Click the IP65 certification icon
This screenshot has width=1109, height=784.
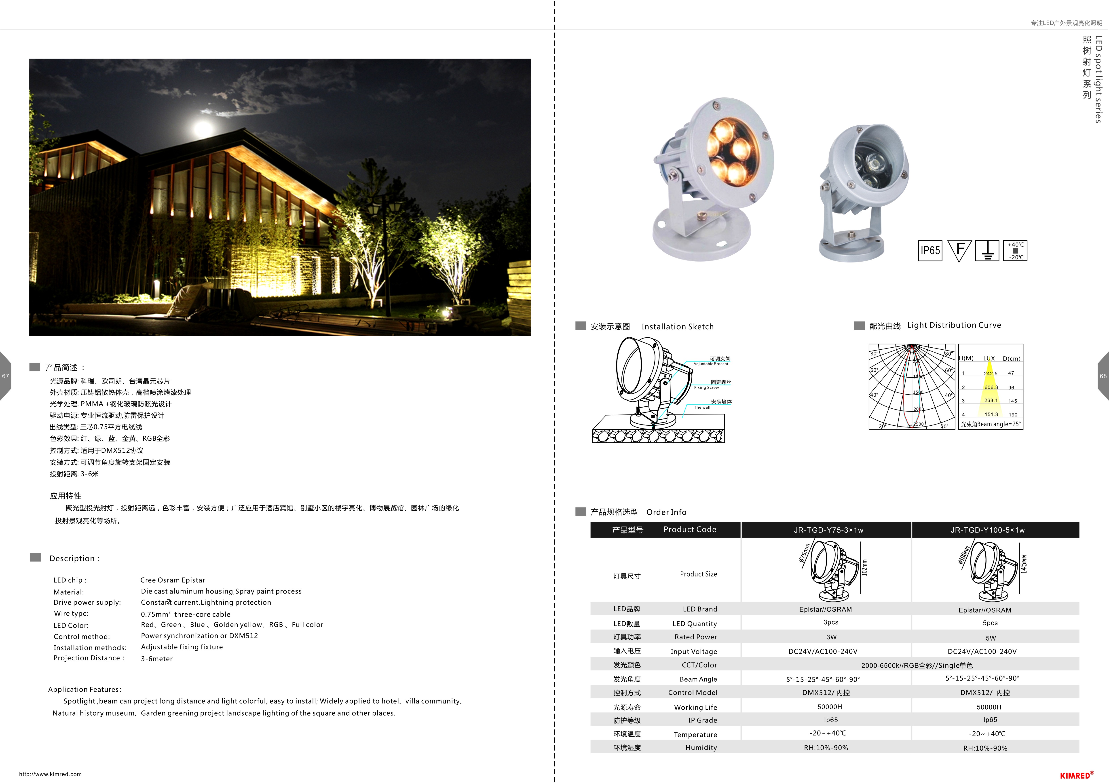click(930, 251)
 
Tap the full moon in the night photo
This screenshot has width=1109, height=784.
click(203, 129)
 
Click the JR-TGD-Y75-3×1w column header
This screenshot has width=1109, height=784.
click(828, 530)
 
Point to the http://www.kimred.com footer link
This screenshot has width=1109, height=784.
click(50, 774)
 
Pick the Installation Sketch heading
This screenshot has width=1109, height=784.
click(677, 327)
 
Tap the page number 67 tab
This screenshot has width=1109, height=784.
click(5, 376)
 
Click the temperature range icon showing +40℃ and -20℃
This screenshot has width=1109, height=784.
click(1015, 251)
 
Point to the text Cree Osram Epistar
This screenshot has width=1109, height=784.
click(172, 580)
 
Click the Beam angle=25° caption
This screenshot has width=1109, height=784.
click(991, 424)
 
